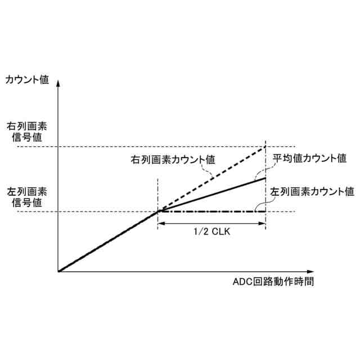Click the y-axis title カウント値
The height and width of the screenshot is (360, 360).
[x=28, y=80]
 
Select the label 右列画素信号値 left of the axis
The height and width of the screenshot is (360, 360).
[x=28, y=130]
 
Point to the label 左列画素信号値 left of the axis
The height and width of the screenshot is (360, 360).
[x=28, y=195]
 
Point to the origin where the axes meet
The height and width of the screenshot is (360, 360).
[x=58, y=272]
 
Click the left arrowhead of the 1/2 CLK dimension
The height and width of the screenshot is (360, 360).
[x=161, y=224]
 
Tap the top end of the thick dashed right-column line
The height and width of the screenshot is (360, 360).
[x=265, y=147]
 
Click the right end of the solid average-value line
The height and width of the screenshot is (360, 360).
[x=265, y=178]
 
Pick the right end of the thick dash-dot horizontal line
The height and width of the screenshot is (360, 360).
[x=265, y=211]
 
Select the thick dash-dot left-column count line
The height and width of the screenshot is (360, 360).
[x=214, y=211]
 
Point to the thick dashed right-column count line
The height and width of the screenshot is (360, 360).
[x=214, y=178]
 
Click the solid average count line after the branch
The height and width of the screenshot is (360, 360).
[x=214, y=195]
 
